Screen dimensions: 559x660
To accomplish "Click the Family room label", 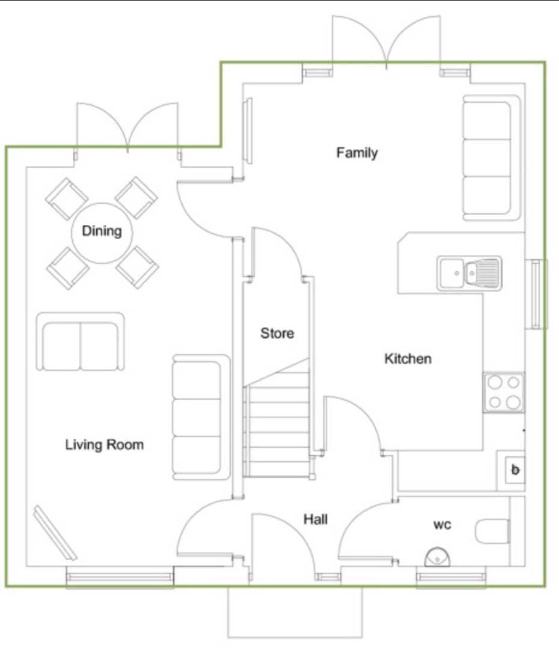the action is pos(357,152).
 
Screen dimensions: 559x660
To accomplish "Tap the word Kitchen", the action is pos(408,359).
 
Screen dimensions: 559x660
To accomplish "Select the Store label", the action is pos(277,334).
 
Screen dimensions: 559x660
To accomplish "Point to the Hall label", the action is pos(316,519).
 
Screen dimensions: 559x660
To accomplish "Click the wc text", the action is pos(442,525).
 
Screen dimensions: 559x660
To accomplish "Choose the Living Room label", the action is pos(105,444).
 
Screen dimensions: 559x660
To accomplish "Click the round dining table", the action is pos(102,233).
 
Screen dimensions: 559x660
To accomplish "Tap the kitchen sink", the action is pos(469,273).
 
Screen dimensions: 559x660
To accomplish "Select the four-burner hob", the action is pos(504,393).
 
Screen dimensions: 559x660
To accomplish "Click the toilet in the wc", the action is pos(492,531).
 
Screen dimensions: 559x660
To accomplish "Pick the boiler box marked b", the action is pos(515,469).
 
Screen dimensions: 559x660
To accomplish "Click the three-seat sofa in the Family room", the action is pos(492,158).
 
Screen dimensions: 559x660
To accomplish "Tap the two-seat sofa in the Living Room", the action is pos(81,341).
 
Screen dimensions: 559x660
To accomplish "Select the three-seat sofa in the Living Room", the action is pos(201,417).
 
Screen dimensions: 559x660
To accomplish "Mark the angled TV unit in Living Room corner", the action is pos(55,533).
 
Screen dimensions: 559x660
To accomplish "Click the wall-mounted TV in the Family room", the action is pos(248,130).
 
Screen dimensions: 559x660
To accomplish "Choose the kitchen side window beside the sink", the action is pos(536,294).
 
